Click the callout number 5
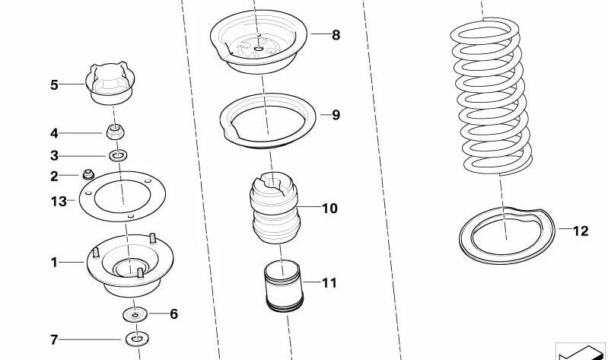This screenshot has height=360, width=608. point(54,84)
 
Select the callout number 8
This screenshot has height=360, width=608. point(336,34)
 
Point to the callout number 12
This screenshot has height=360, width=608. point(580,231)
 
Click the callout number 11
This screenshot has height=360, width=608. point(329,283)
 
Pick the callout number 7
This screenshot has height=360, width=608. point(53,339)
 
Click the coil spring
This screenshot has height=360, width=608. point(490,95)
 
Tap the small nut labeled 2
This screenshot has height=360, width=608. point(88,174)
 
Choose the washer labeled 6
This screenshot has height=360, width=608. point(135,314)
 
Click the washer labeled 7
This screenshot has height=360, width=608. point(137,339)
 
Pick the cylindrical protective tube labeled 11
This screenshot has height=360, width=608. point(283,288)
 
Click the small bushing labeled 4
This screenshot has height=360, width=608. point(115,132)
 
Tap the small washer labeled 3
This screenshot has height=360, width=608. point(117,156)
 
